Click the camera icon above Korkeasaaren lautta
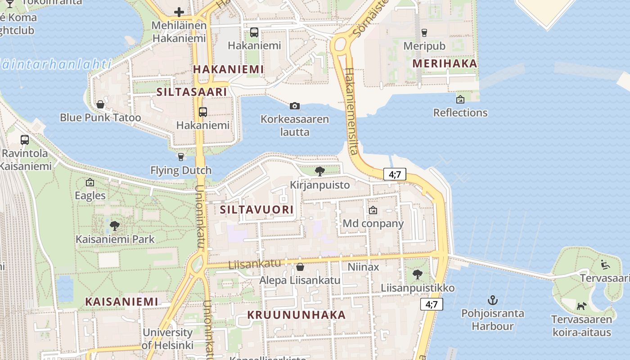click(295, 106)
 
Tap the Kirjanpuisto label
click(319, 185)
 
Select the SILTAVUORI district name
click(256, 210)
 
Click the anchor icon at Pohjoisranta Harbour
click(493, 300)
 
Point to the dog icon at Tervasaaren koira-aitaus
click(581, 306)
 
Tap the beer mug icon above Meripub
click(424, 32)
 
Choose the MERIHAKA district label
click(445, 63)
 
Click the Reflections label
click(460, 112)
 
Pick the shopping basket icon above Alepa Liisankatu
click(300, 267)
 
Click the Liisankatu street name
click(255, 264)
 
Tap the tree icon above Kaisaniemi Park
click(115, 225)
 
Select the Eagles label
click(90, 196)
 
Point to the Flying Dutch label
click(181, 171)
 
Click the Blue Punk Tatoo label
click(100, 118)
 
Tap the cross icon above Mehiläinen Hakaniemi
click(179, 12)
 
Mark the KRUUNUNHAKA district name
click(297, 315)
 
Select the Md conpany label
click(373, 224)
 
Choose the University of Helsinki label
click(167, 339)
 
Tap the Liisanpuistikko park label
click(418, 288)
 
